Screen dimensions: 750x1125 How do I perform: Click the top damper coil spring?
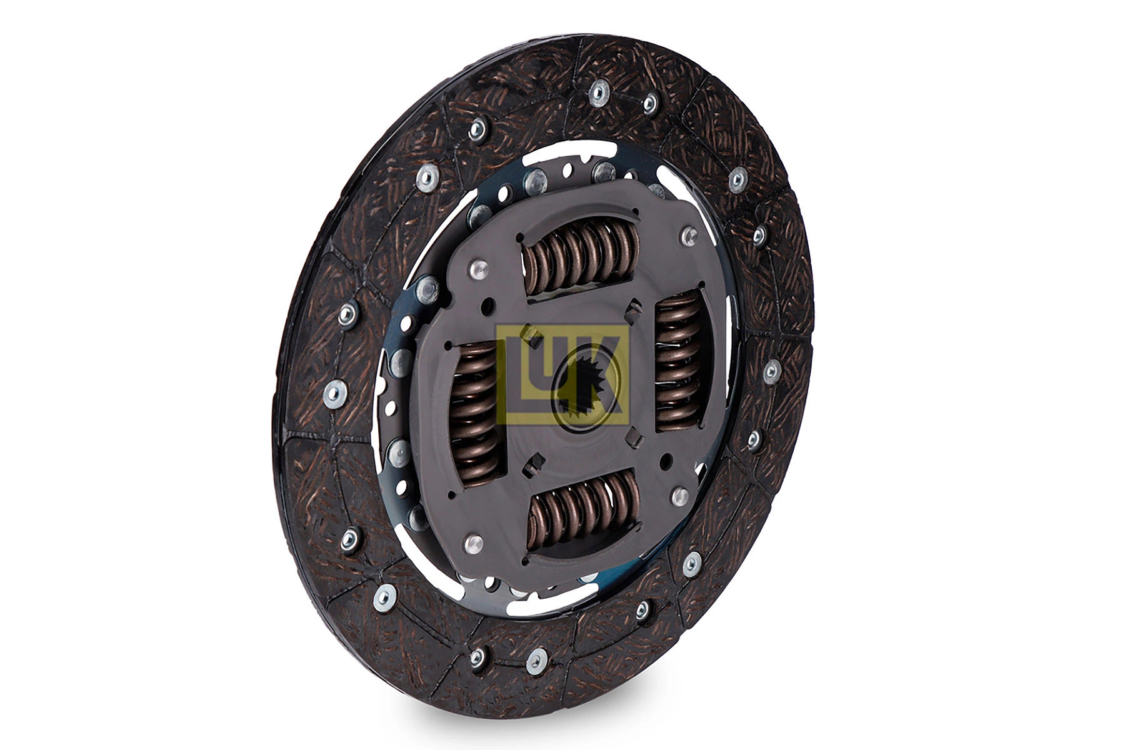click(x=581, y=256)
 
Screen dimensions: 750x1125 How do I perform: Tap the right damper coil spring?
click(x=678, y=362)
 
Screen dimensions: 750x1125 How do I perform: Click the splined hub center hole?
click(x=584, y=387)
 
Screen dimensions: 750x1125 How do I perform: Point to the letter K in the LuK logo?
click(x=606, y=375)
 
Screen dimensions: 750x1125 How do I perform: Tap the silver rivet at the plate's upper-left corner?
click(x=477, y=269)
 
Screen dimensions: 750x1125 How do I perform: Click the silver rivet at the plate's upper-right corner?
click(x=689, y=236)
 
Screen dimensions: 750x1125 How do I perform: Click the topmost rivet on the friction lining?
click(x=598, y=93)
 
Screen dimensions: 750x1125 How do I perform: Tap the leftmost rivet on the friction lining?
click(x=335, y=394)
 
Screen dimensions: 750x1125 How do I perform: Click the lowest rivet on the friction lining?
click(x=536, y=661)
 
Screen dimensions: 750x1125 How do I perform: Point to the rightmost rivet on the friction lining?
click(x=771, y=371)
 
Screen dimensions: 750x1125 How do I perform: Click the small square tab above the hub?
click(x=634, y=307)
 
